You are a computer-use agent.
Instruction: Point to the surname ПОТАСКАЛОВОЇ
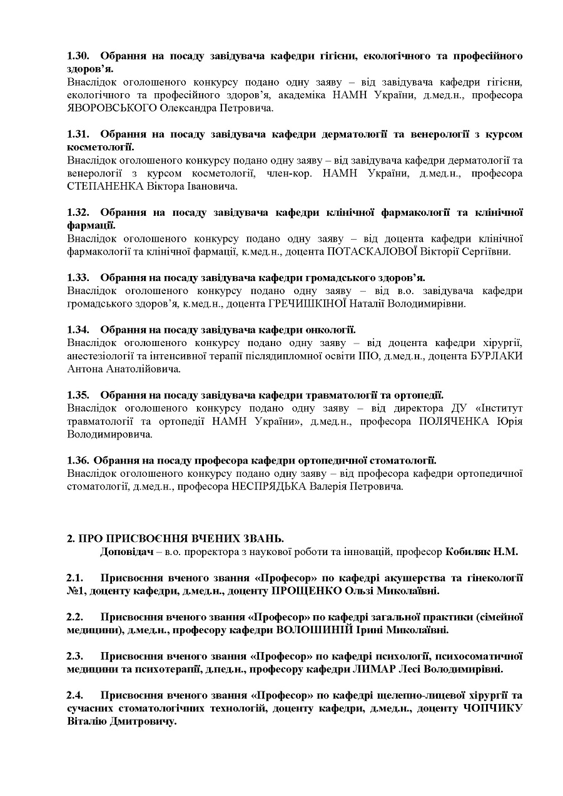[371, 252]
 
